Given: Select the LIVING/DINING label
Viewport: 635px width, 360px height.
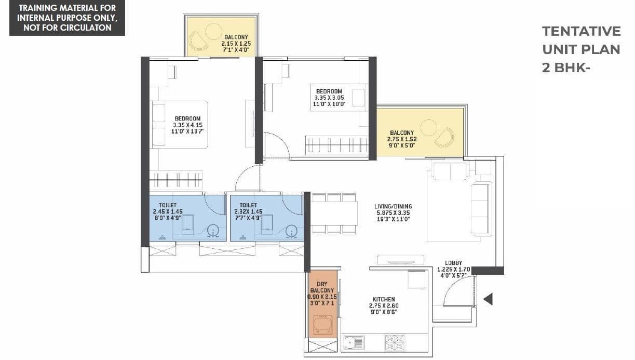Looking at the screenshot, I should pos(393,206).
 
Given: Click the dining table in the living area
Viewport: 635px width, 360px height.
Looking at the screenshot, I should pos(334,213).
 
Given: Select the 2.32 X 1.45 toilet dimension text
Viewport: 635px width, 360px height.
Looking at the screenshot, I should pos(248,212).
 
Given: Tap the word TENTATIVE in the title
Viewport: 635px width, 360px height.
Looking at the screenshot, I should pos(581,31).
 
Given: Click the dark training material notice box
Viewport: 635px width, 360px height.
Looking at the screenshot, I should pos(67,18).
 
